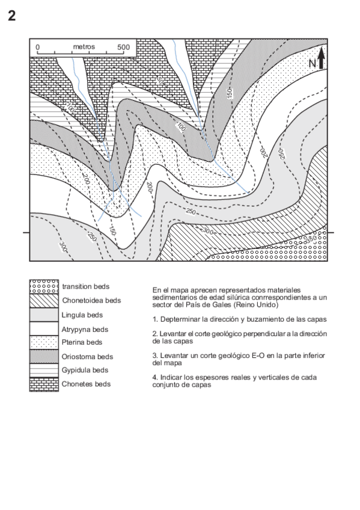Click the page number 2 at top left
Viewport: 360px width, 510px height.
[x=11, y=16]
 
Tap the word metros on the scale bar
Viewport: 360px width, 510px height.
[x=84, y=46]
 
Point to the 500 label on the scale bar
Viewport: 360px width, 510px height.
[x=124, y=46]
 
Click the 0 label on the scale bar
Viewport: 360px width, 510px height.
[x=37, y=46]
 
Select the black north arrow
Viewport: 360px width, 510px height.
[x=322, y=57]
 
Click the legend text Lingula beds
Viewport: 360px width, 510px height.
[x=82, y=315]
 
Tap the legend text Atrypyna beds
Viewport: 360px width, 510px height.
[x=85, y=330]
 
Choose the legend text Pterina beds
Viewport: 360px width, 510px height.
[x=82, y=343]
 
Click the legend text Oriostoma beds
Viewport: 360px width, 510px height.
[x=87, y=357]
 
